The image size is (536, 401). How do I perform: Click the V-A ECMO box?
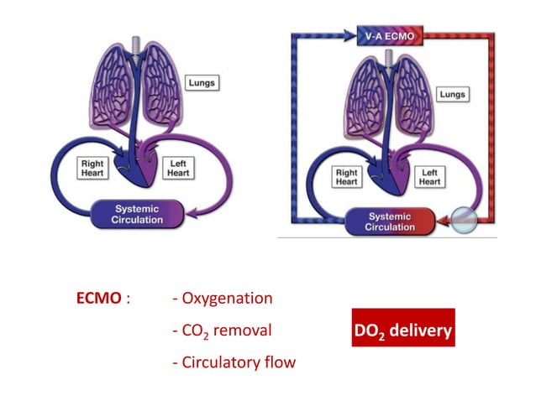tap(388, 36)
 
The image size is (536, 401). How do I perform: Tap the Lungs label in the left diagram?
tap(202, 84)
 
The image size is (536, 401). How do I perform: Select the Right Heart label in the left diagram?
tap(92, 167)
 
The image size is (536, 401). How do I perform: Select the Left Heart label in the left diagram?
tap(179, 167)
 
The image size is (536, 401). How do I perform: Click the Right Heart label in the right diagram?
tap(346, 176)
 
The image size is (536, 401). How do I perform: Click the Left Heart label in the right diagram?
tap(429, 176)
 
